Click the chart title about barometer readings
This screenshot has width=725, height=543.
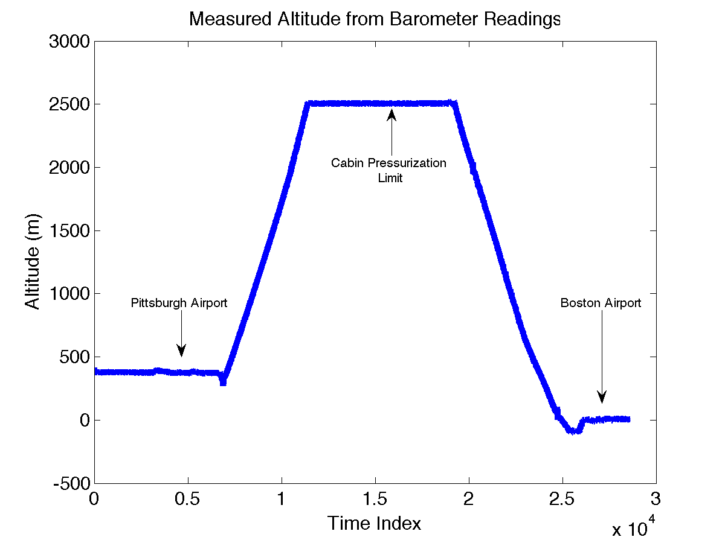(375, 19)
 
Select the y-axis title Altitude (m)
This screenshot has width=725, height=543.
(33, 261)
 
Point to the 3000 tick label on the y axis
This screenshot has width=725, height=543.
(70, 42)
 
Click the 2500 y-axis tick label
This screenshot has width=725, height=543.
(70, 104)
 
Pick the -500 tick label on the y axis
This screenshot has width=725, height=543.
(70, 483)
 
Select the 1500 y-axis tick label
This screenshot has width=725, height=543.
(70, 230)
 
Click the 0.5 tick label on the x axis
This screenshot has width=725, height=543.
(188, 499)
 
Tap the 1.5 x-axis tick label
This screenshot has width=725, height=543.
(375, 499)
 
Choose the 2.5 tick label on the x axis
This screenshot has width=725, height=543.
(562, 499)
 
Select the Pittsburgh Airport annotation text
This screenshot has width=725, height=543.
(179, 303)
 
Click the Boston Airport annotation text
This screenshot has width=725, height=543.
(601, 303)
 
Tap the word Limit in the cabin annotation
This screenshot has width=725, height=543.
(390, 179)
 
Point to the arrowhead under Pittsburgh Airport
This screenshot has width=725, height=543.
(181, 351)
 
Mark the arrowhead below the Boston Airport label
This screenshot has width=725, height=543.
(602, 397)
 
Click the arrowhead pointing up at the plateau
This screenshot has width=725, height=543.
(391, 114)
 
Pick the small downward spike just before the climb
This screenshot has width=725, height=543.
(223, 381)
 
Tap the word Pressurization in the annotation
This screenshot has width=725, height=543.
(407, 164)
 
